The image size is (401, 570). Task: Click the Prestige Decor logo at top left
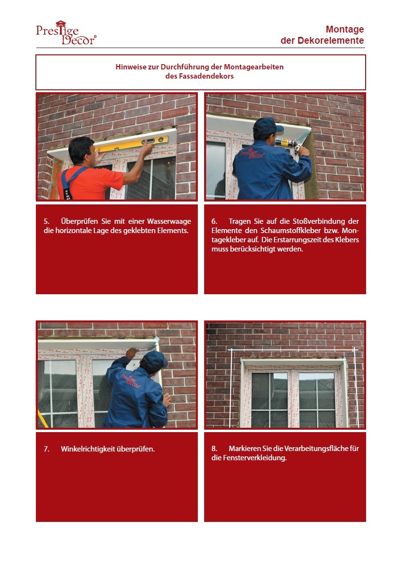66,33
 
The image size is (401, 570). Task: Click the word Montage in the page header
344,30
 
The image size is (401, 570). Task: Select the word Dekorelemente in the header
331,40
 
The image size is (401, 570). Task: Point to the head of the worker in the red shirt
82,151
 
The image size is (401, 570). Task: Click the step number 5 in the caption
47,221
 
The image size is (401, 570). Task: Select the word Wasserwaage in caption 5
169,221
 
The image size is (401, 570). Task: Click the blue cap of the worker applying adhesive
268,126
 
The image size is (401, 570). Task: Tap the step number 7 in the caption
47,449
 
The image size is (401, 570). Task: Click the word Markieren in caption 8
244,449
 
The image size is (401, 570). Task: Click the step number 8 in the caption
214,449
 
